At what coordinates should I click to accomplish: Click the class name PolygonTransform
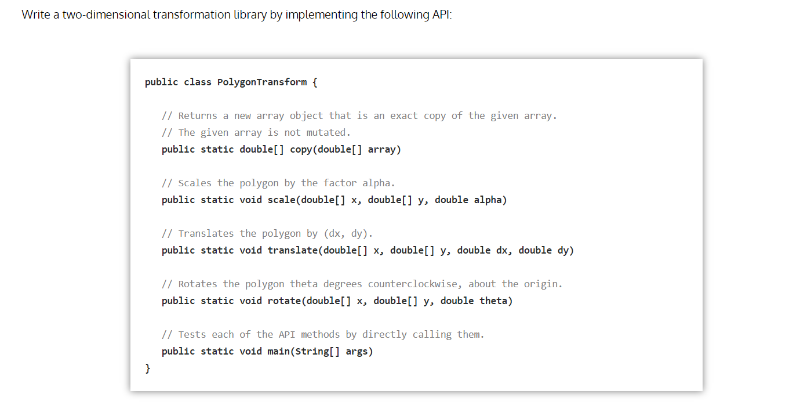coord(262,82)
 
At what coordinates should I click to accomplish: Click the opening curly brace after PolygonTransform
coord(315,82)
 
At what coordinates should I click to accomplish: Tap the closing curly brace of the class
coord(148,368)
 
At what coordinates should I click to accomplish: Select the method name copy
coord(301,149)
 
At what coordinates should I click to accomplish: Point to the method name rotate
coord(284,301)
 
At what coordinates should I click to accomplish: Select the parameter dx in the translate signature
coord(501,250)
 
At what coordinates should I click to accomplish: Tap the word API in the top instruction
coord(441,15)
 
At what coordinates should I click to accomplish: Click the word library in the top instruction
coord(248,15)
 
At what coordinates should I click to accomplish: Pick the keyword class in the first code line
coord(198,82)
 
